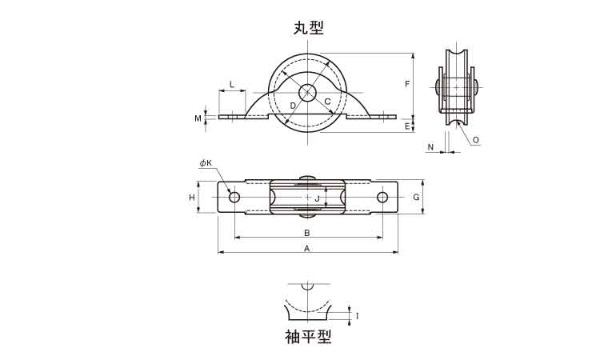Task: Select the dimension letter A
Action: (307, 249)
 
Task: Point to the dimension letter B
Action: (307, 233)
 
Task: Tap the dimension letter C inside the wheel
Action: (327, 102)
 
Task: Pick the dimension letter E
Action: (407, 126)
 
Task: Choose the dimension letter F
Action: (407, 84)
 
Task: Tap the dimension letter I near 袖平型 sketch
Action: (357, 316)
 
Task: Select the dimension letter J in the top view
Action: (317, 197)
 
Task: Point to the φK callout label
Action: (206, 164)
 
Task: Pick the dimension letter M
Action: (198, 118)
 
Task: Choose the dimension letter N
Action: (430, 147)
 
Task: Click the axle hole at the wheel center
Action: (310, 95)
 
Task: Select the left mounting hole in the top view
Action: (234, 197)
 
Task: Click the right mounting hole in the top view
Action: (382, 197)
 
